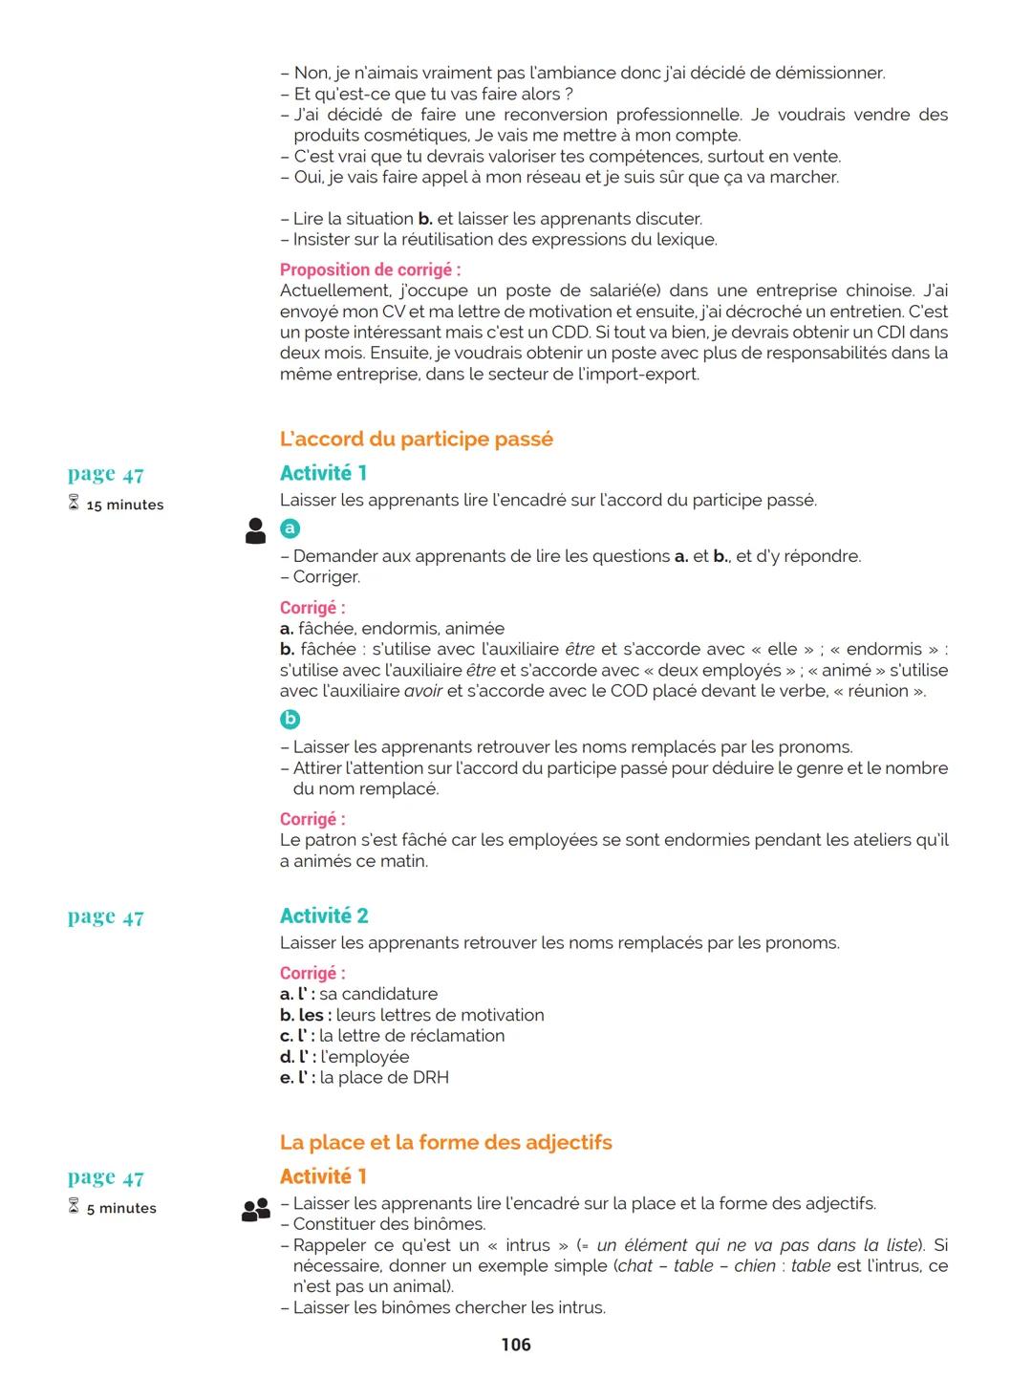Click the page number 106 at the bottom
click(516, 1345)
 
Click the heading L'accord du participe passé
click(416, 440)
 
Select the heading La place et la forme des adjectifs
click(445, 1143)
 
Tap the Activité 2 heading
click(324, 916)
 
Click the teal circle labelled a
click(290, 528)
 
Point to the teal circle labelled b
click(290, 720)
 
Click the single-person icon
click(255, 531)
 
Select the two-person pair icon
click(255, 1211)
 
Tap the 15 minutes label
click(124, 505)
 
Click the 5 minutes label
click(121, 1208)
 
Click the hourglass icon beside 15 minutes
click(74, 504)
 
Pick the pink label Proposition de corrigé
click(370, 270)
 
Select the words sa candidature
click(378, 994)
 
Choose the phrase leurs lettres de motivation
click(440, 1015)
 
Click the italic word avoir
click(423, 691)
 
